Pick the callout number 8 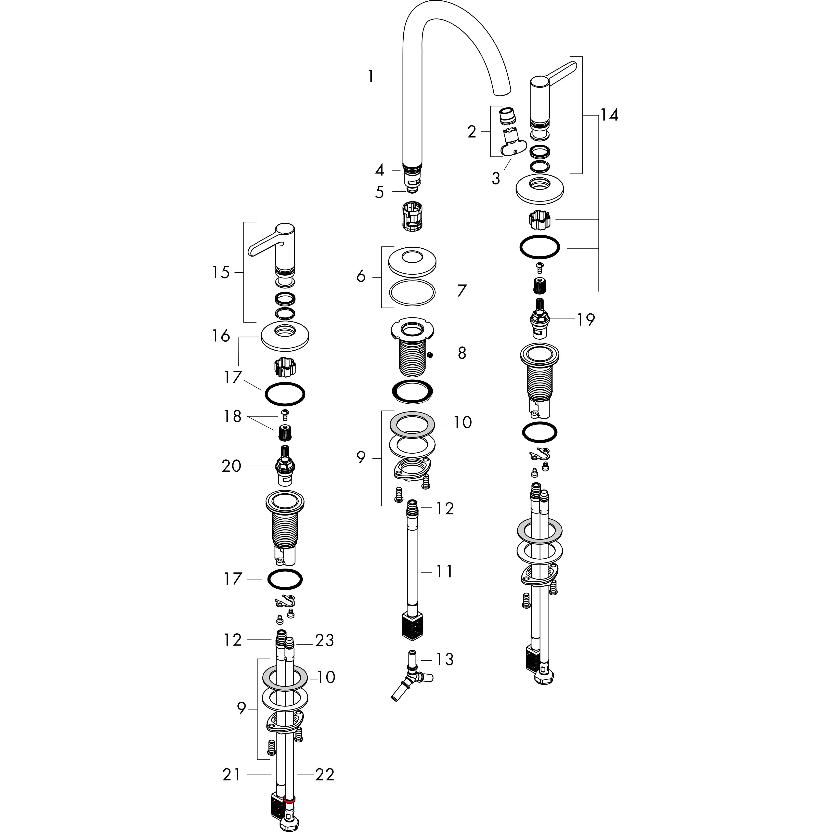pos(462,353)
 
